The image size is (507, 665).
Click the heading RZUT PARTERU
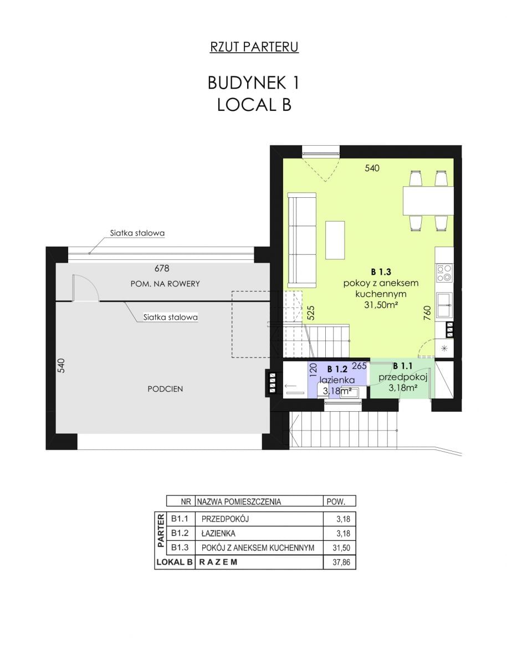tap(254, 47)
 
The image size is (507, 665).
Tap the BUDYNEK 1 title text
tap(254, 83)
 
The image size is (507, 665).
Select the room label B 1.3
tap(381, 272)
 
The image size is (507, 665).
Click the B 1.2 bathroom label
tap(337, 369)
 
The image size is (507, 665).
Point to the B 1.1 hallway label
tap(402, 366)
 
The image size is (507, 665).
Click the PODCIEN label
tap(165, 389)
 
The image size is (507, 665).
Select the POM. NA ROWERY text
tap(165, 284)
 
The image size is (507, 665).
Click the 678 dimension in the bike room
tap(162, 268)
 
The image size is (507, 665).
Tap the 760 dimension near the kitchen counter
tap(427, 313)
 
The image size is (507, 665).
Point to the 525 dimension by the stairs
tap(311, 313)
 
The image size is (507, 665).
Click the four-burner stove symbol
tap(444, 273)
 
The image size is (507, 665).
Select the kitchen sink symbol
tap(444, 306)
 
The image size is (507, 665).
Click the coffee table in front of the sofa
tap(335, 240)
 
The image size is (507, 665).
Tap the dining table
tap(428, 201)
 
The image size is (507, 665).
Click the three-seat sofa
tap(301, 240)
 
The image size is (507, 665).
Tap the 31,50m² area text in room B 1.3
tap(381, 305)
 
